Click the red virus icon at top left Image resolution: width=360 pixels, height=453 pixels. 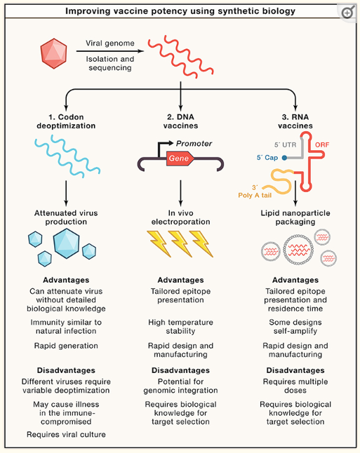[54, 53]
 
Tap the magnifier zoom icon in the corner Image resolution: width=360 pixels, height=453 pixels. [348, 12]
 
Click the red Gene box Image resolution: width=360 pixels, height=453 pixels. [180, 158]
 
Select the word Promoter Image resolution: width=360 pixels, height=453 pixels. [194, 144]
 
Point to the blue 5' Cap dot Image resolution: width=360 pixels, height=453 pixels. [284, 158]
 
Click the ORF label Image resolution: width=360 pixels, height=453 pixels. [322, 144]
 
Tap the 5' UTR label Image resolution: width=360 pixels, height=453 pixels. [286, 144]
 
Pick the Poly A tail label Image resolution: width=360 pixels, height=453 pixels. [255, 196]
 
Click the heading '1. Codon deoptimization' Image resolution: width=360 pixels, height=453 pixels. [66, 121]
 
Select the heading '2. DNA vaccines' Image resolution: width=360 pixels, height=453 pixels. [180, 121]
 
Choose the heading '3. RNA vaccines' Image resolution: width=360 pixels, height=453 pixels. [295, 121]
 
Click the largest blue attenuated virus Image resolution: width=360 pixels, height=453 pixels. [66, 243]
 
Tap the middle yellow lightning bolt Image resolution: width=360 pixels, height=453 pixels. [180, 244]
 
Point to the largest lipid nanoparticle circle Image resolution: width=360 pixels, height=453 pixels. [298, 250]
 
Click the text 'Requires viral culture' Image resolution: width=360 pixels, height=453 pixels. [66, 435]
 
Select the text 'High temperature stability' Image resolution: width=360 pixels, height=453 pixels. [180, 327]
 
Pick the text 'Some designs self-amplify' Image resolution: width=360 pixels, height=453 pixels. [295, 327]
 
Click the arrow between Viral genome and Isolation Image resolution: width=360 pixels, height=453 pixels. [110, 51]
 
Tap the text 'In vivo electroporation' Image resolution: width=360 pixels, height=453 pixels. [180, 217]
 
